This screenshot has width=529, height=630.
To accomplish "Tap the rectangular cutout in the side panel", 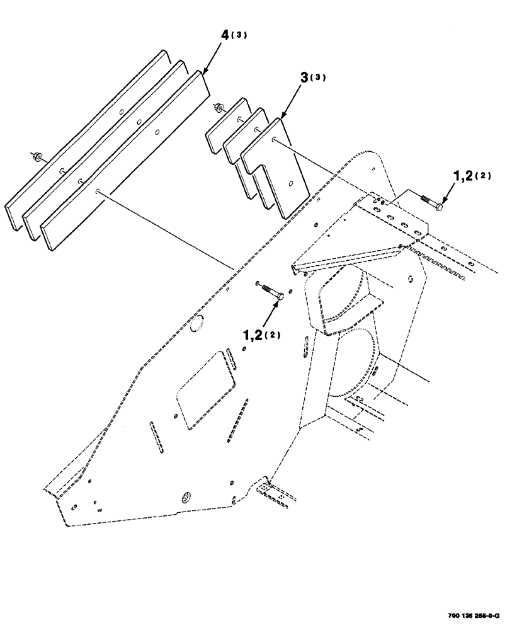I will coord(205,389).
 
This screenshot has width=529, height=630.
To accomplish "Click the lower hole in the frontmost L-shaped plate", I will coord(289,184).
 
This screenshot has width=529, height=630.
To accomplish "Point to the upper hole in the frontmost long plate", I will coord(157,133).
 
